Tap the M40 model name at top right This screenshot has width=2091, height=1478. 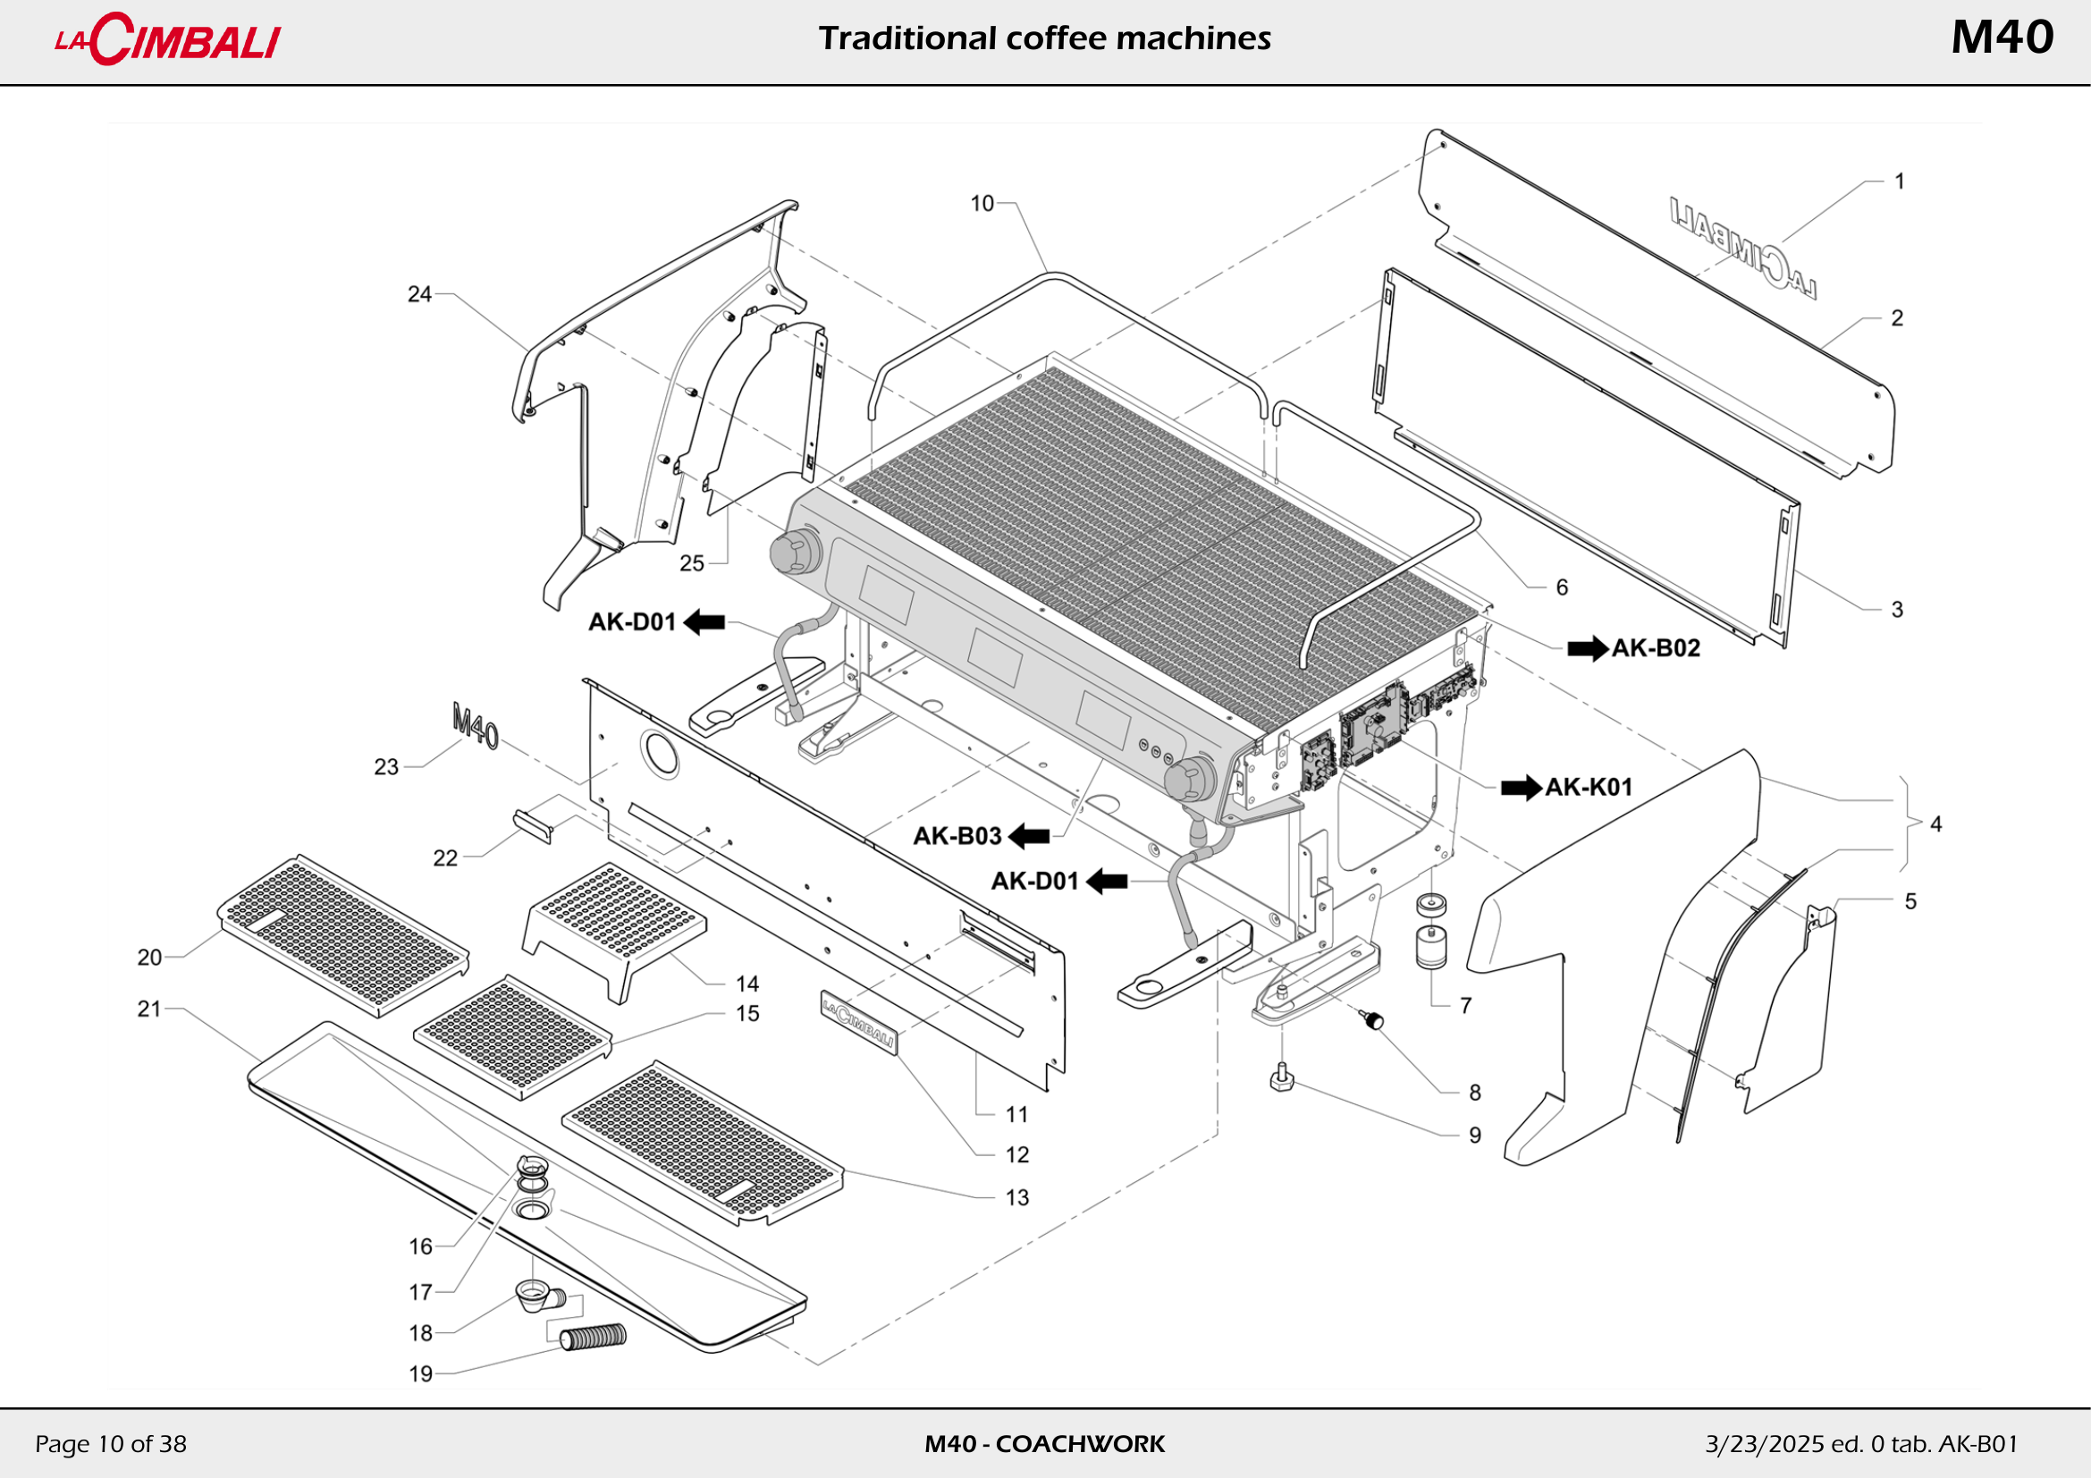tap(2002, 38)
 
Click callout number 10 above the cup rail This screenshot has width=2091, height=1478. tap(982, 203)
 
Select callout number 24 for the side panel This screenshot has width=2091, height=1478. tap(419, 294)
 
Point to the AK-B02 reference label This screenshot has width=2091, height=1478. tap(1656, 648)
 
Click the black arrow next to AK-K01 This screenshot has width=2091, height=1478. tap(1521, 788)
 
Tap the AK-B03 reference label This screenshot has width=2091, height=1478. tap(957, 836)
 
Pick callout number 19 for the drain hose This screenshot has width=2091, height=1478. tap(420, 1374)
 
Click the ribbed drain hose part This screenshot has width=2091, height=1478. tap(593, 1337)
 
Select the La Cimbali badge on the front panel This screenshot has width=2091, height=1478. tap(858, 1022)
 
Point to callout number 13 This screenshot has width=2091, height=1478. tap(1017, 1198)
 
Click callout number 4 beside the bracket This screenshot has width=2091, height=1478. tap(1936, 824)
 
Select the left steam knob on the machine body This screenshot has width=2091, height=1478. tap(794, 551)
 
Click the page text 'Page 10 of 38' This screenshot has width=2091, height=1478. tap(110, 1444)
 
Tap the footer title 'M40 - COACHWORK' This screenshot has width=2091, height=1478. tap(1044, 1444)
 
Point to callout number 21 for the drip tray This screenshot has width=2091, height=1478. tap(148, 1009)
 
